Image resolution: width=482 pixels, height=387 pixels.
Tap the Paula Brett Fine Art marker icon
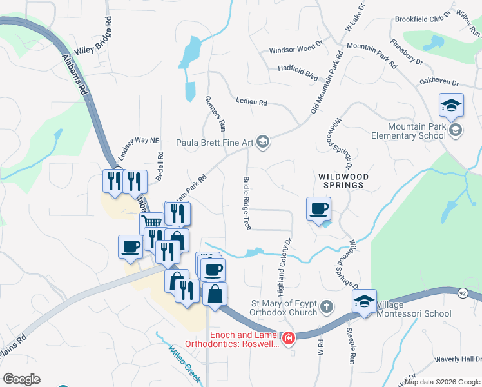pos(263,141)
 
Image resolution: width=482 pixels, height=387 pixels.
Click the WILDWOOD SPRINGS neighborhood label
pos(342,180)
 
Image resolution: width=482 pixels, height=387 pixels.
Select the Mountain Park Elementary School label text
pos(409,131)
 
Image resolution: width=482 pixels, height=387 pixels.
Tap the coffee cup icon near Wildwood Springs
pos(319,209)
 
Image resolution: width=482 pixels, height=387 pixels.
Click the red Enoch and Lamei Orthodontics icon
pos(289,337)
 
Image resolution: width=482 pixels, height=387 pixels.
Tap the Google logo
pos(21,379)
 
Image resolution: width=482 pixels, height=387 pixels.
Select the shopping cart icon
pos(153,222)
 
